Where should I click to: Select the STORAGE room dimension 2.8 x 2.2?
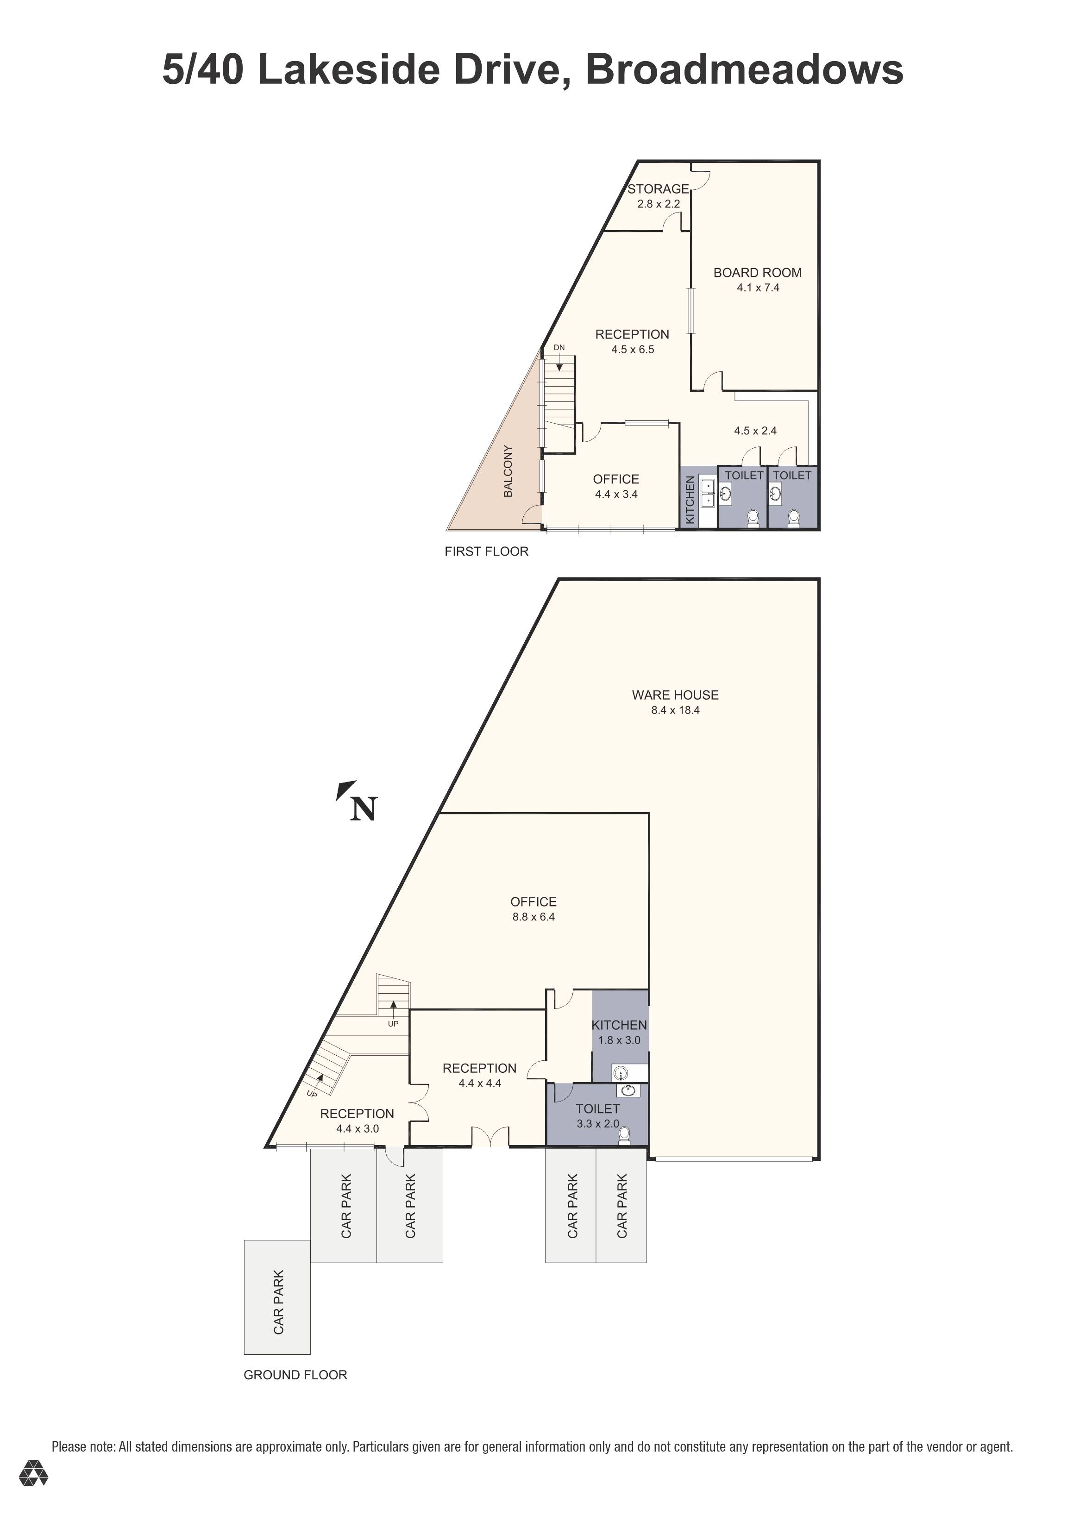coord(658,204)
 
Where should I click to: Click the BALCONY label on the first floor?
coord(508,471)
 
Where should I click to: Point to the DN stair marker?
coord(559,348)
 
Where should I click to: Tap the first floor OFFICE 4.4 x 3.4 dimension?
coord(615,494)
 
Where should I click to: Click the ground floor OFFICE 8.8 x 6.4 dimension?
coord(533,917)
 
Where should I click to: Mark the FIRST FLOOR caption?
coord(486,551)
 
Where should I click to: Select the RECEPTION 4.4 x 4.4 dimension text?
coord(480,1083)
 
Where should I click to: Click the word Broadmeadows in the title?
coord(744,69)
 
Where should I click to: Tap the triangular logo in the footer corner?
coord(33,1491)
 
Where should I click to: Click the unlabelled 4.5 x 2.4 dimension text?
coord(755,431)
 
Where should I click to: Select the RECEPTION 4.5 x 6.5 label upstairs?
coord(632,335)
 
